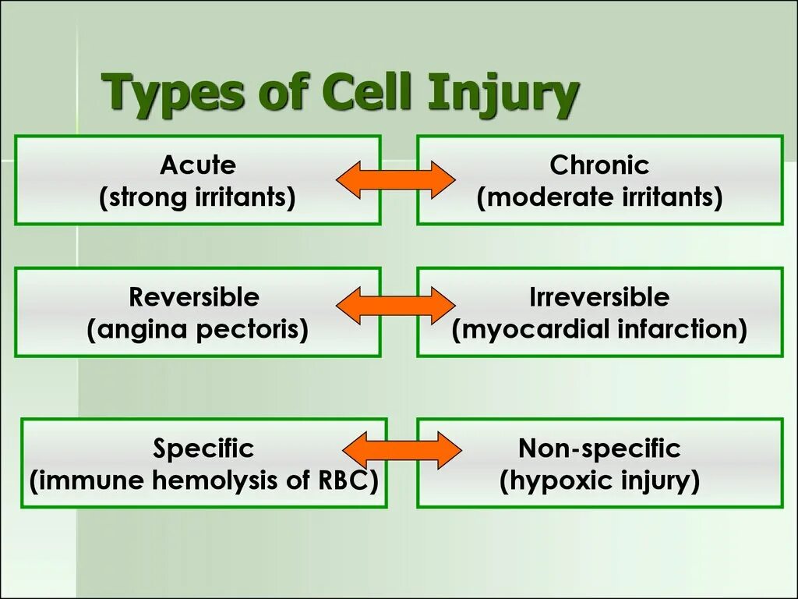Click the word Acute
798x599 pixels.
pos(197,165)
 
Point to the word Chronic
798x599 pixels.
pos(599,165)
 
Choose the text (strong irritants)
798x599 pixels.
pos(197,198)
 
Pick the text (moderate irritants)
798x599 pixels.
pos(599,198)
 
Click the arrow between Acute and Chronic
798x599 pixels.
pos(396,181)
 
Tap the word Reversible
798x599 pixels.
pos(194,297)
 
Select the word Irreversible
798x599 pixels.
pos(599,297)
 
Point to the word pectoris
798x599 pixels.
pos(249,330)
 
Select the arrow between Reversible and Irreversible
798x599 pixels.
pos(395,305)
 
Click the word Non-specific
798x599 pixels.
pos(599,448)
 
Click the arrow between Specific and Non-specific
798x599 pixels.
pos(402,449)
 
